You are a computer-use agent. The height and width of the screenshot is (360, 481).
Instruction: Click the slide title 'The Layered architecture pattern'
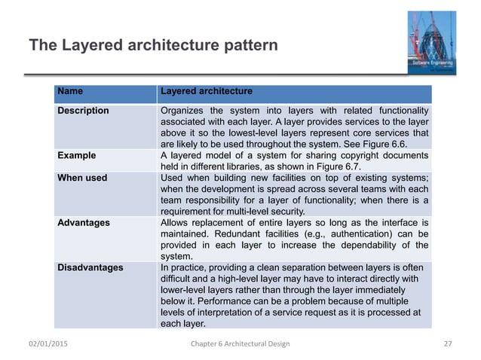click(153, 46)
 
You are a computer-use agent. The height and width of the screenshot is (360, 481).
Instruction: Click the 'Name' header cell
click(70, 92)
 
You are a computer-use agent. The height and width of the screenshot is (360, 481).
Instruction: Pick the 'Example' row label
click(76, 156)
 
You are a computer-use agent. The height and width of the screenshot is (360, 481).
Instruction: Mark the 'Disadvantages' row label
click(88, 267)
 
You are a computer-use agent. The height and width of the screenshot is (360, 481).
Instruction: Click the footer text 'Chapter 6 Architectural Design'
click(239, 344)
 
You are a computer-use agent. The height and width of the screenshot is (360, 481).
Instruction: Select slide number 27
click(447, 344)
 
